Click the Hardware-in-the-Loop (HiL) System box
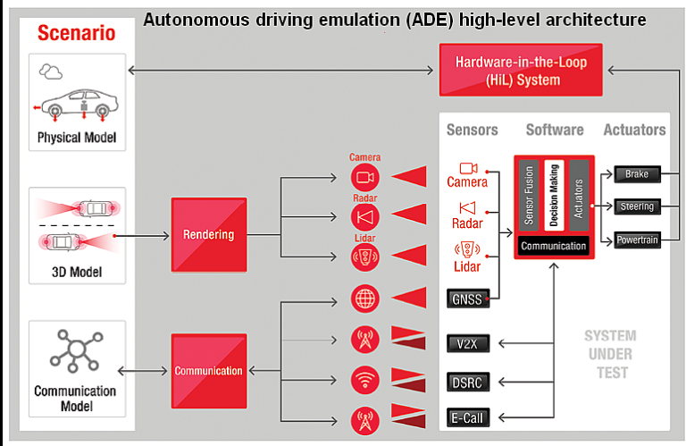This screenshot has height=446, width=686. click(x=507, y=71)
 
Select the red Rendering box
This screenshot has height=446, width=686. click(x=208, y=235)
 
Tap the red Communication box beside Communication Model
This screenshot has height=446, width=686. click(x=208, y=370)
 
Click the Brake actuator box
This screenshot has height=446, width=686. click(x=637, y=174)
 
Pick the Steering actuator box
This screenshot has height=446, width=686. click(x=637, y=206)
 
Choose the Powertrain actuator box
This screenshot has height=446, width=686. click(x=637, y=240)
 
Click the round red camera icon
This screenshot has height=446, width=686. click(x=365, y=177)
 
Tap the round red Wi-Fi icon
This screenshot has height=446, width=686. click(x=365, y=379)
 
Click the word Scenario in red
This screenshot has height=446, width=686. click(x=76, y=34)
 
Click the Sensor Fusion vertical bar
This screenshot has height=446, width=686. click(x=529, y=196)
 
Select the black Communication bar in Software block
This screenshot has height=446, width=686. click(x=553, y=246)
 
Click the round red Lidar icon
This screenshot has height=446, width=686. click(x=365, y=257)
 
